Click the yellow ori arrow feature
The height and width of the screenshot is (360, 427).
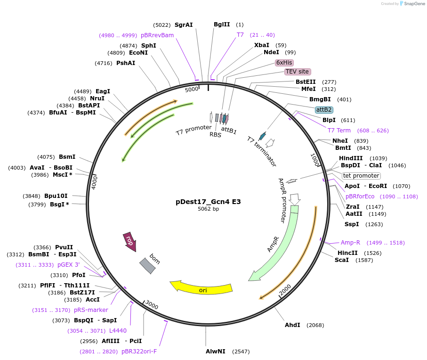pos(202,289)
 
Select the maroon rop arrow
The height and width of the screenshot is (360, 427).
pos(129,241)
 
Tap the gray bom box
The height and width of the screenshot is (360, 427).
pos(147,265)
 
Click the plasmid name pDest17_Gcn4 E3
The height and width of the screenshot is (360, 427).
pos(208,201)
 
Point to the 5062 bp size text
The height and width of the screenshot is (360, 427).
pos(208,209)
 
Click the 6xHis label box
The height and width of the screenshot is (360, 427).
pos(284,62)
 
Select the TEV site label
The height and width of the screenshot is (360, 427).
pos(297,72)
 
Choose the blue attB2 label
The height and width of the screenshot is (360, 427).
pos(324,109)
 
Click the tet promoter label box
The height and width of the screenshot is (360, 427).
pos(361,176)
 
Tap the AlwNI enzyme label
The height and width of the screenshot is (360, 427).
pos(216,352)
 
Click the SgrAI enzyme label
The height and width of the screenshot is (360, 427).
pos(184,25)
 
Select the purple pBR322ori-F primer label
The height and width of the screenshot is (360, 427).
pos(139,351)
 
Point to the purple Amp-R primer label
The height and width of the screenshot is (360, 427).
pos(350,243)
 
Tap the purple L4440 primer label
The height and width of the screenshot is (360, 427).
pos(118,331)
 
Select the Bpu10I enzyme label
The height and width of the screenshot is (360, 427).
pos(56,196)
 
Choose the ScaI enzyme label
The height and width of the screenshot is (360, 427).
pos(342,260)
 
